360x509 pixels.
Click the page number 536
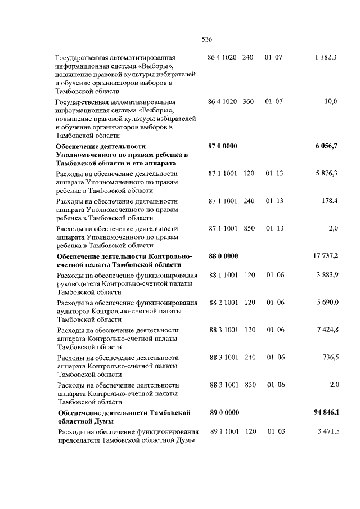[206, 39]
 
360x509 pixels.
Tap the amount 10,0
[331, 101]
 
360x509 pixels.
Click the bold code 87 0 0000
[223, 146]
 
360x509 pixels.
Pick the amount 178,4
[328, 200]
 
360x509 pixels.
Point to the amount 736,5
[328, 357]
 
